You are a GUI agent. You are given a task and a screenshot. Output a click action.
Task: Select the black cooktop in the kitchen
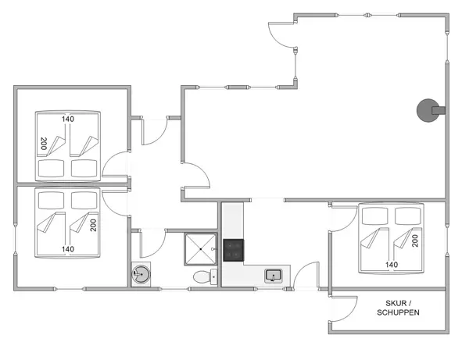click(x=234, y=251)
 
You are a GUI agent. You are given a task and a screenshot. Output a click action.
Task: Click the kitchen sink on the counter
click(x=274, y=275)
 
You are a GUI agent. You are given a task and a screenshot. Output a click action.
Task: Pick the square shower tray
click(x=202, y=250)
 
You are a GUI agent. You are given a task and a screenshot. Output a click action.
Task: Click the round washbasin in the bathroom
click(x=141, y=275)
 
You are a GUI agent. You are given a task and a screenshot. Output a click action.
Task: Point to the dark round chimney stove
click(x=429, y=110)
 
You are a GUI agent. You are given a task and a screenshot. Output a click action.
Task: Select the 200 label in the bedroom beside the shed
click(x=415, y=240)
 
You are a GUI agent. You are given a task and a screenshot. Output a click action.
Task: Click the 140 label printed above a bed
click(x=68, y=119)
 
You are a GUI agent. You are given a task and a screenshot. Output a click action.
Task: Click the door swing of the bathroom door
click(x=153, y=244)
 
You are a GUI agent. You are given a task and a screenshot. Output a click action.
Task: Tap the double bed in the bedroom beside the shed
click(x=390, y=238)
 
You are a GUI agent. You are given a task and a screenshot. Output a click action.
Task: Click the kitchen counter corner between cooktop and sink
click(x=234, y=275)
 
